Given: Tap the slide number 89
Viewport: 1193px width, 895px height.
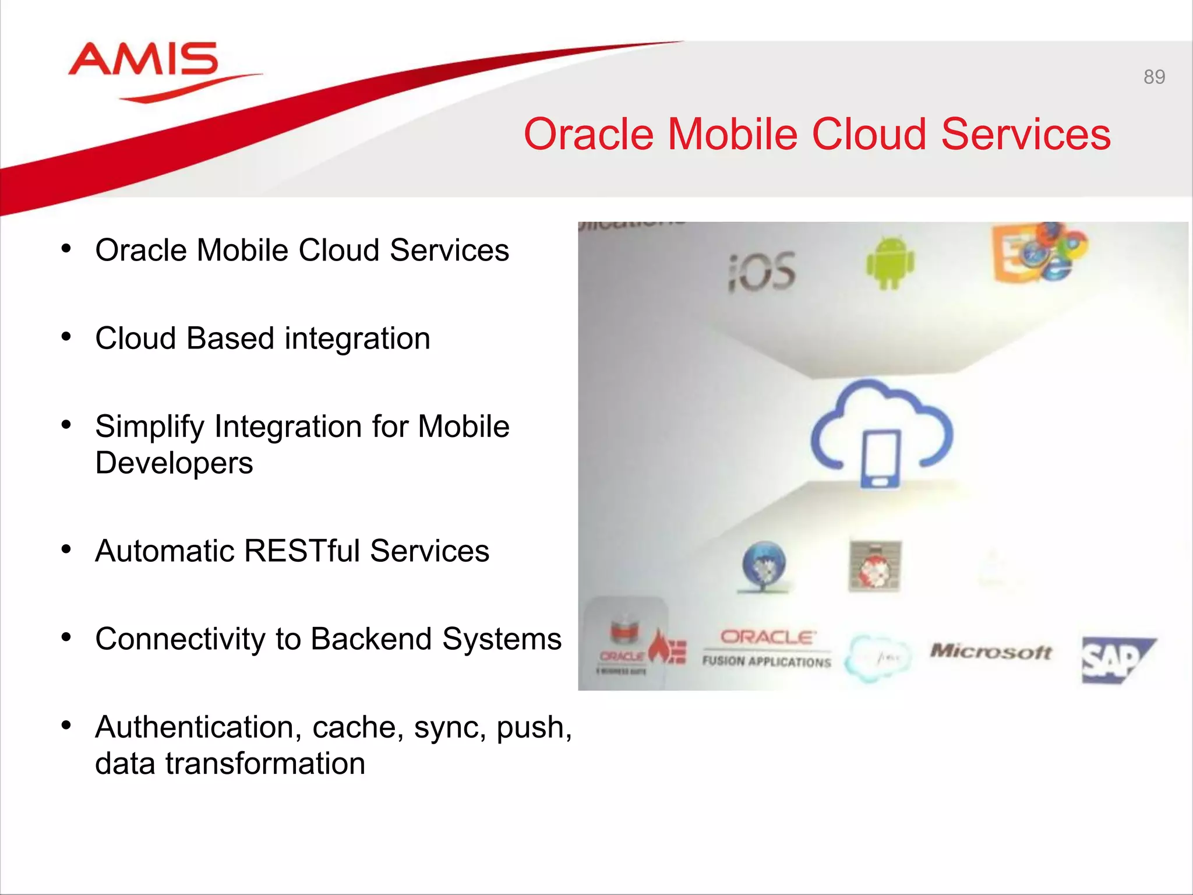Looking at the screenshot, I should click(1154, 77).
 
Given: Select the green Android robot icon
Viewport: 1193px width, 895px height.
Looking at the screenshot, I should click(890, 263).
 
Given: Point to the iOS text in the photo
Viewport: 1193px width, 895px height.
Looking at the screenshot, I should click(762, 272).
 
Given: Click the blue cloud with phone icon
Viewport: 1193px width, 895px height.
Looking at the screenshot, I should click(881, 434).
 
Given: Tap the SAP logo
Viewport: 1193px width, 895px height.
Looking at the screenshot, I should click(1116, 660).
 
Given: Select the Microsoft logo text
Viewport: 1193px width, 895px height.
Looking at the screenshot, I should click(991, 651).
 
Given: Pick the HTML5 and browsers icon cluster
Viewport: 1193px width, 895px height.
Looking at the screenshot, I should click(1039, 252).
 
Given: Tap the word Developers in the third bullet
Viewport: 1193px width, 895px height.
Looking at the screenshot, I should click(174, 463).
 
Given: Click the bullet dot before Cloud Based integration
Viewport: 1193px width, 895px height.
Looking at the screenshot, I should click(66, 337).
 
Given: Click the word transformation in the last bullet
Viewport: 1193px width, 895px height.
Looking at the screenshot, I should click(265, 764).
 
